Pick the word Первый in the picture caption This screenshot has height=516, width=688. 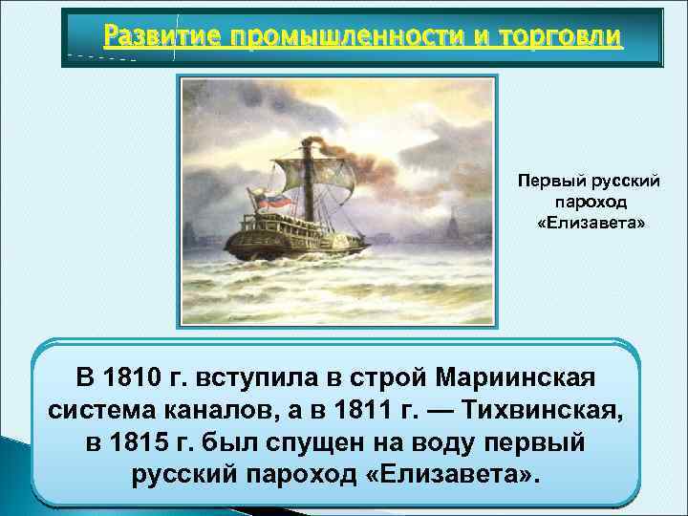543,180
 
